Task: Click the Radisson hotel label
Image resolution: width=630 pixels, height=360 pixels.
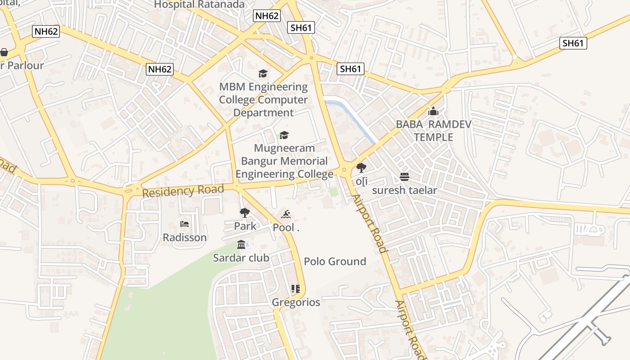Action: pos(184,237)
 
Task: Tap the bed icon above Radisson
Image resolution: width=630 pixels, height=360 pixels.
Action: pos(184,224)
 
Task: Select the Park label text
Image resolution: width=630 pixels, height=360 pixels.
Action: pos(245,226)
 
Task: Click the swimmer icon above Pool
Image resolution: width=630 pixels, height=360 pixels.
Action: pos(286,214)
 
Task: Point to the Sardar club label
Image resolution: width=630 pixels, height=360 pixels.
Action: pos(241,258)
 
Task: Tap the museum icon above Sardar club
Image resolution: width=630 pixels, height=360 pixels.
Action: pos(241,244)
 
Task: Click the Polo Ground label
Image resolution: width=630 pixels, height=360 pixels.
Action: pos(335,261)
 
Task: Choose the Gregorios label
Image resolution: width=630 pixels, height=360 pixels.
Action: pos(296,302)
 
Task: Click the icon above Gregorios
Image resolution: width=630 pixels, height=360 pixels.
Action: pos(295,289)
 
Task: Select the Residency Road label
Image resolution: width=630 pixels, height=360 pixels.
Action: pos(183,191)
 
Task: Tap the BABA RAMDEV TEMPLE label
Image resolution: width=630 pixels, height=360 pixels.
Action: pos(433,130)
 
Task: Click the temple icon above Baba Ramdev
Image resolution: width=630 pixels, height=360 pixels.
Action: pos(433,111)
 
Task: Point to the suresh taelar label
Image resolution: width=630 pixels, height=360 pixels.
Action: pos(404,190)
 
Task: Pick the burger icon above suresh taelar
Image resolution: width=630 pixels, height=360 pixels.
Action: pos(404,177)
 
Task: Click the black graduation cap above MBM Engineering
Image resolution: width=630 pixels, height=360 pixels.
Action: pos(263,73)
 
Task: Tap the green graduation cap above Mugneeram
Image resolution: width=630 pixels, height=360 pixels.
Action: pos(284,135)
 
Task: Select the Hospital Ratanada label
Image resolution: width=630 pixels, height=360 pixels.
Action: pos(199,4)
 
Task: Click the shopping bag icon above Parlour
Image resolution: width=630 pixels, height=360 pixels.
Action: pos(4,53)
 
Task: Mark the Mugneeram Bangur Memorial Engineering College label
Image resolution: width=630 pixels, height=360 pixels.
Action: pos(284,161)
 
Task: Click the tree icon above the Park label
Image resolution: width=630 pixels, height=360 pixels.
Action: pos(244,212)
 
